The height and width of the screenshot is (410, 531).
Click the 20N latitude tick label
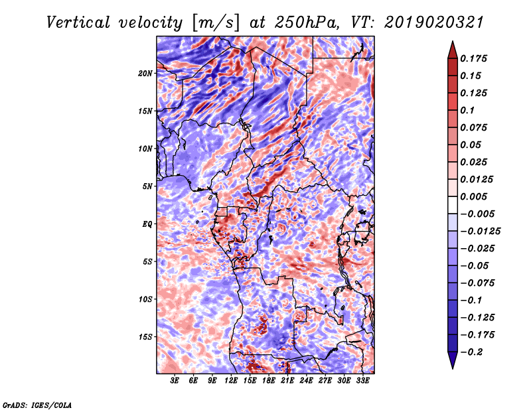(x=145, y=73)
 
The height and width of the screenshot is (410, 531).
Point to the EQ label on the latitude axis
(x=147, y=224)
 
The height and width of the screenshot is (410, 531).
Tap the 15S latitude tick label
(x=145, y=337)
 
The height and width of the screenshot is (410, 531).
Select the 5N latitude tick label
(x=147, y=186)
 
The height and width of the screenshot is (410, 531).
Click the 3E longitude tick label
(x=175, y=381)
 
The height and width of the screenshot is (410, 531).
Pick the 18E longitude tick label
(x=269, y=381)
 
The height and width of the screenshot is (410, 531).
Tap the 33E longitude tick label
(x=362, y=381)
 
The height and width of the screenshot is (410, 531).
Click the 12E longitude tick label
(x=231, y=381)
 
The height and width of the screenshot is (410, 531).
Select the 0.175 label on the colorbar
(x=473, y=58)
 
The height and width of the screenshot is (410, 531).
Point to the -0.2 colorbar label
(x=471, y=352)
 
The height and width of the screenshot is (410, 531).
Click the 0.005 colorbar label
(x=473, y=196)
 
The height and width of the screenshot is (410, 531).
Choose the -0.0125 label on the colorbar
(x=480, y=232)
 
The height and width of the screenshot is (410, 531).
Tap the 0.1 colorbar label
(x=467, y=110)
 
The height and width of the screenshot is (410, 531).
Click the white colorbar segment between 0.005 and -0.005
(x=453, y=205)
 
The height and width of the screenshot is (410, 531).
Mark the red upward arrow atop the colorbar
(x=453, y=50)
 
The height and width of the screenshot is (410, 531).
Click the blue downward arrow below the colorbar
(x=453, y=360)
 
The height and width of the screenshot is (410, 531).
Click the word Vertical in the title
(x=78, y=23)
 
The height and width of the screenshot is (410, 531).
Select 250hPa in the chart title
(x=307, y=23)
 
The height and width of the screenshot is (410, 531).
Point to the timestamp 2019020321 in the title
(x=434, y=23)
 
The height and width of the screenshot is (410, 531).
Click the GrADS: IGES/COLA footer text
(x=37, y=405)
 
